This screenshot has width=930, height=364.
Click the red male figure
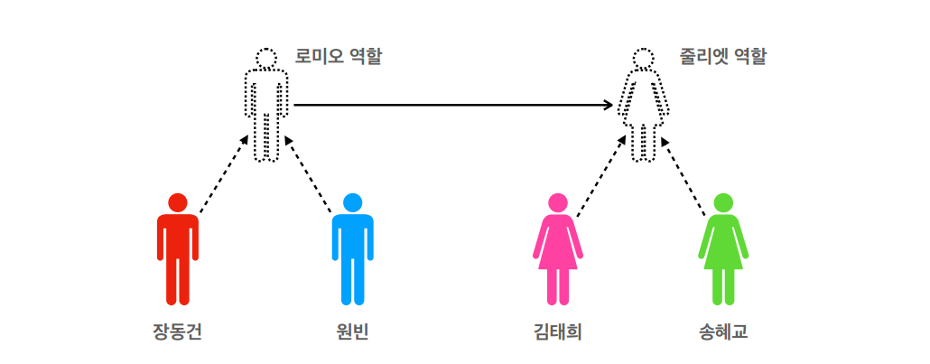point(178,248)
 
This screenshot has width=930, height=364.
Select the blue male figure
point(352,248)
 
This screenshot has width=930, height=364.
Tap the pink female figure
point(557,248)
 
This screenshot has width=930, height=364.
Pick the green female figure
point(723,248)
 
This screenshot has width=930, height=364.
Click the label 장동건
point(178,331)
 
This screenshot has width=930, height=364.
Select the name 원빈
point(352,331)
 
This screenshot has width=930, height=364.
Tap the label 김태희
point(557,331)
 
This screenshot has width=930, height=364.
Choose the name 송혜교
point(723,331)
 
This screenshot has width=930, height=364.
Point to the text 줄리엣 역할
point(722,57)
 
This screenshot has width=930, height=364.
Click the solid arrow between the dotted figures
point(451,105)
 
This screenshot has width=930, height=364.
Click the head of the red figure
point(178,202)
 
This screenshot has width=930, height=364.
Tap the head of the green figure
point(723,202)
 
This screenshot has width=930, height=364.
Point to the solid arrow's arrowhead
point(609,105)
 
